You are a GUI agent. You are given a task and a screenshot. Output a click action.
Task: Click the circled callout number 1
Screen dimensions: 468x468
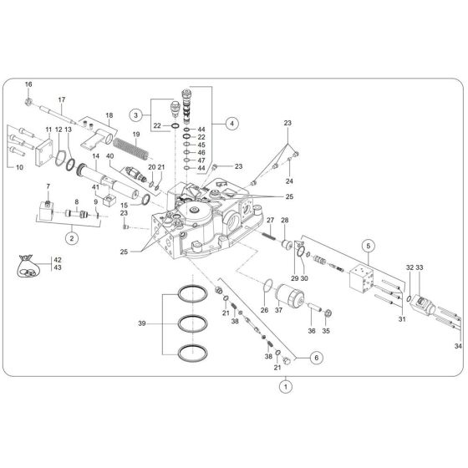coord(286,387)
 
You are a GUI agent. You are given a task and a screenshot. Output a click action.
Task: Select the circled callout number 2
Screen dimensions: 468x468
coord(72,238)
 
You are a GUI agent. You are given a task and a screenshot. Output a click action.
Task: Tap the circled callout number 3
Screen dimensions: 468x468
coord(135,114)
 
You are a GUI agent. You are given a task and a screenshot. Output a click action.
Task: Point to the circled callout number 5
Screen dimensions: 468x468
coord(365,245)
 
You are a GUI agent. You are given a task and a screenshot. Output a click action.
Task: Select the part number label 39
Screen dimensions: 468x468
coord(142,323)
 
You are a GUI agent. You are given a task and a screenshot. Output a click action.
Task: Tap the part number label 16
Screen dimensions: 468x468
coord(28,84)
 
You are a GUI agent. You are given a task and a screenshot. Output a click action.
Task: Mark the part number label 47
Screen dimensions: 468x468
coord(201,160)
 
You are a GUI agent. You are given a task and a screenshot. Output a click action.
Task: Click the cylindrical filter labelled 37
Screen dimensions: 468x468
coord(295,294)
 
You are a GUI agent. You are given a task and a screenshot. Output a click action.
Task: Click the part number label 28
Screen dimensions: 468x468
coord(284,221)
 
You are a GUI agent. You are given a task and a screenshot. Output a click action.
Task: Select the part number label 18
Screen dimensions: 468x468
coord(109,114)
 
